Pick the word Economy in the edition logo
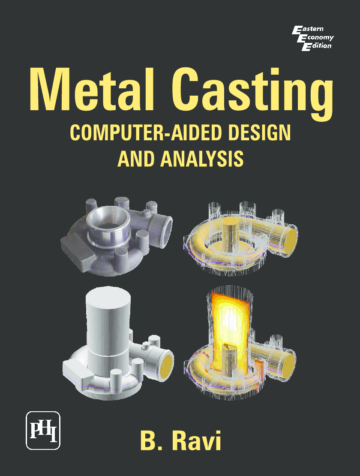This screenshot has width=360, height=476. (x=317, y=38)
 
